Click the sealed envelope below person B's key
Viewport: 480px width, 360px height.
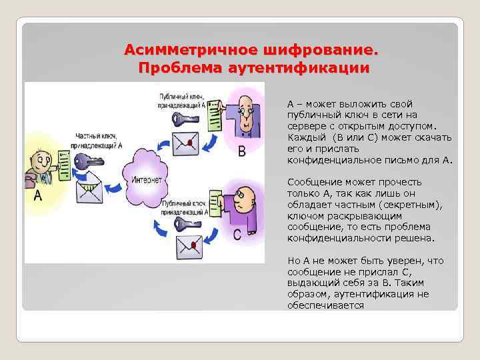tap(187, 141)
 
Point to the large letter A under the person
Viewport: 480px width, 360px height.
tap(37, 195)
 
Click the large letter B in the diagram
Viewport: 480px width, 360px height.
tap(243, 151)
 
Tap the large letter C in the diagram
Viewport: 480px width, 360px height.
tap(237, 235)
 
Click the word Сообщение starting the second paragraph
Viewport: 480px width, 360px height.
tap(312, 182)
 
